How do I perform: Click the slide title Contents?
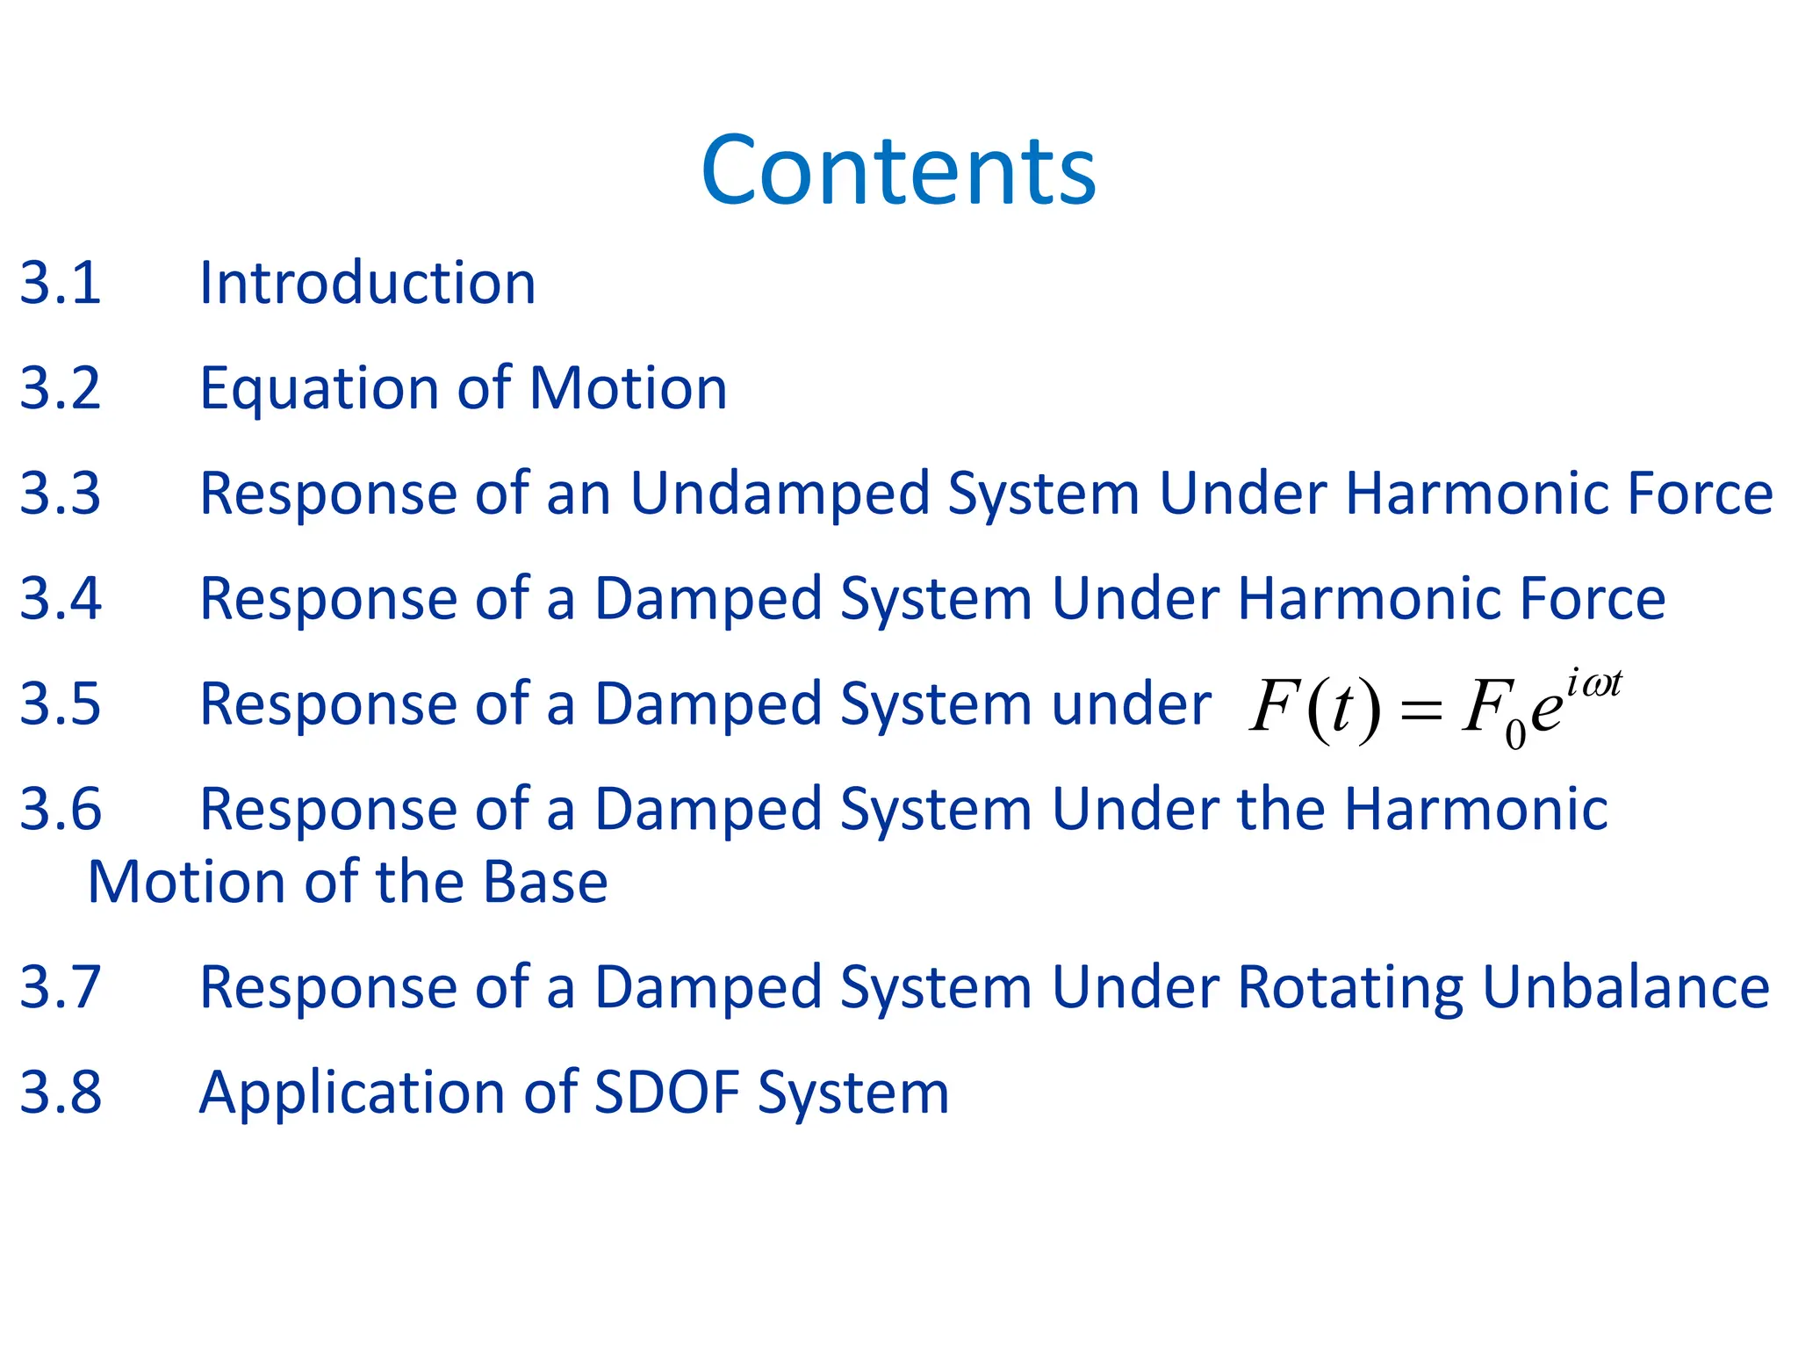(898, 170)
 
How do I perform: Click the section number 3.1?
(61, 284)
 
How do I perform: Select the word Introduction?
(367, 284)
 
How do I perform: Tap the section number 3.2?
(61, 388)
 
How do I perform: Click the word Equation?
(319, 390)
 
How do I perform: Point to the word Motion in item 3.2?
(629, 388)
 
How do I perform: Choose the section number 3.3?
(61, 494)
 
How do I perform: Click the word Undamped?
(780, 494)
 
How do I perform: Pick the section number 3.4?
(61, 599)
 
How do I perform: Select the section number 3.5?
(61, 704)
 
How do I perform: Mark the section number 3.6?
(61, 810)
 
